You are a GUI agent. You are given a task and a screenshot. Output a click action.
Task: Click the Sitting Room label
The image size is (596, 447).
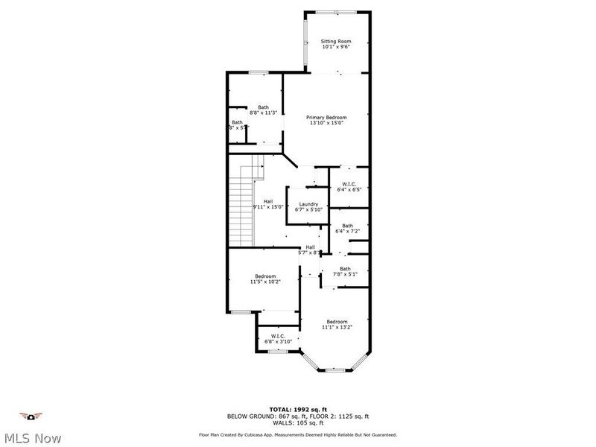pyautogui.click(x=336, y=41)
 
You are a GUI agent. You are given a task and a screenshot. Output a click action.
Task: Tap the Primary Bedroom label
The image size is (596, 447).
pyautogui.click(x=327, y=117)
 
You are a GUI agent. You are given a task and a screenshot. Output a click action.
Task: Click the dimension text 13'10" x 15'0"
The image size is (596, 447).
pyautogui.click(x=327, y=123)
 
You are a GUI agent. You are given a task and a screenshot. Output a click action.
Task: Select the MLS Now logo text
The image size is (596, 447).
pyautogui.click(x=32, y=438)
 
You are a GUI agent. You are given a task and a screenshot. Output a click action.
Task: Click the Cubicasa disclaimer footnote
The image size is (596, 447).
pyautogui.click(x=297, y=434)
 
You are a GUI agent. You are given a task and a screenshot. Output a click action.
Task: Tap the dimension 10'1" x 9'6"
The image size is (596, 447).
pyautogui.click(x=336, y=47)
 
